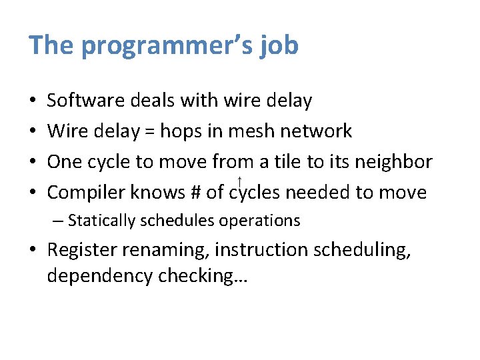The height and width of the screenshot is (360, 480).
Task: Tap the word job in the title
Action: coord(279,45)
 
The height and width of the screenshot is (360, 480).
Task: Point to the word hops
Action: coord(187,132)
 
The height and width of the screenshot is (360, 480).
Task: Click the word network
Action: coord(315,131)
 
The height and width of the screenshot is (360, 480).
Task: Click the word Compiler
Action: coord(87,193)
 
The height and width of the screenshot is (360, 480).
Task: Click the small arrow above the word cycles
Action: coord(239,179)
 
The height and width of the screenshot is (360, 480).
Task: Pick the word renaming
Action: coord(169,250)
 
